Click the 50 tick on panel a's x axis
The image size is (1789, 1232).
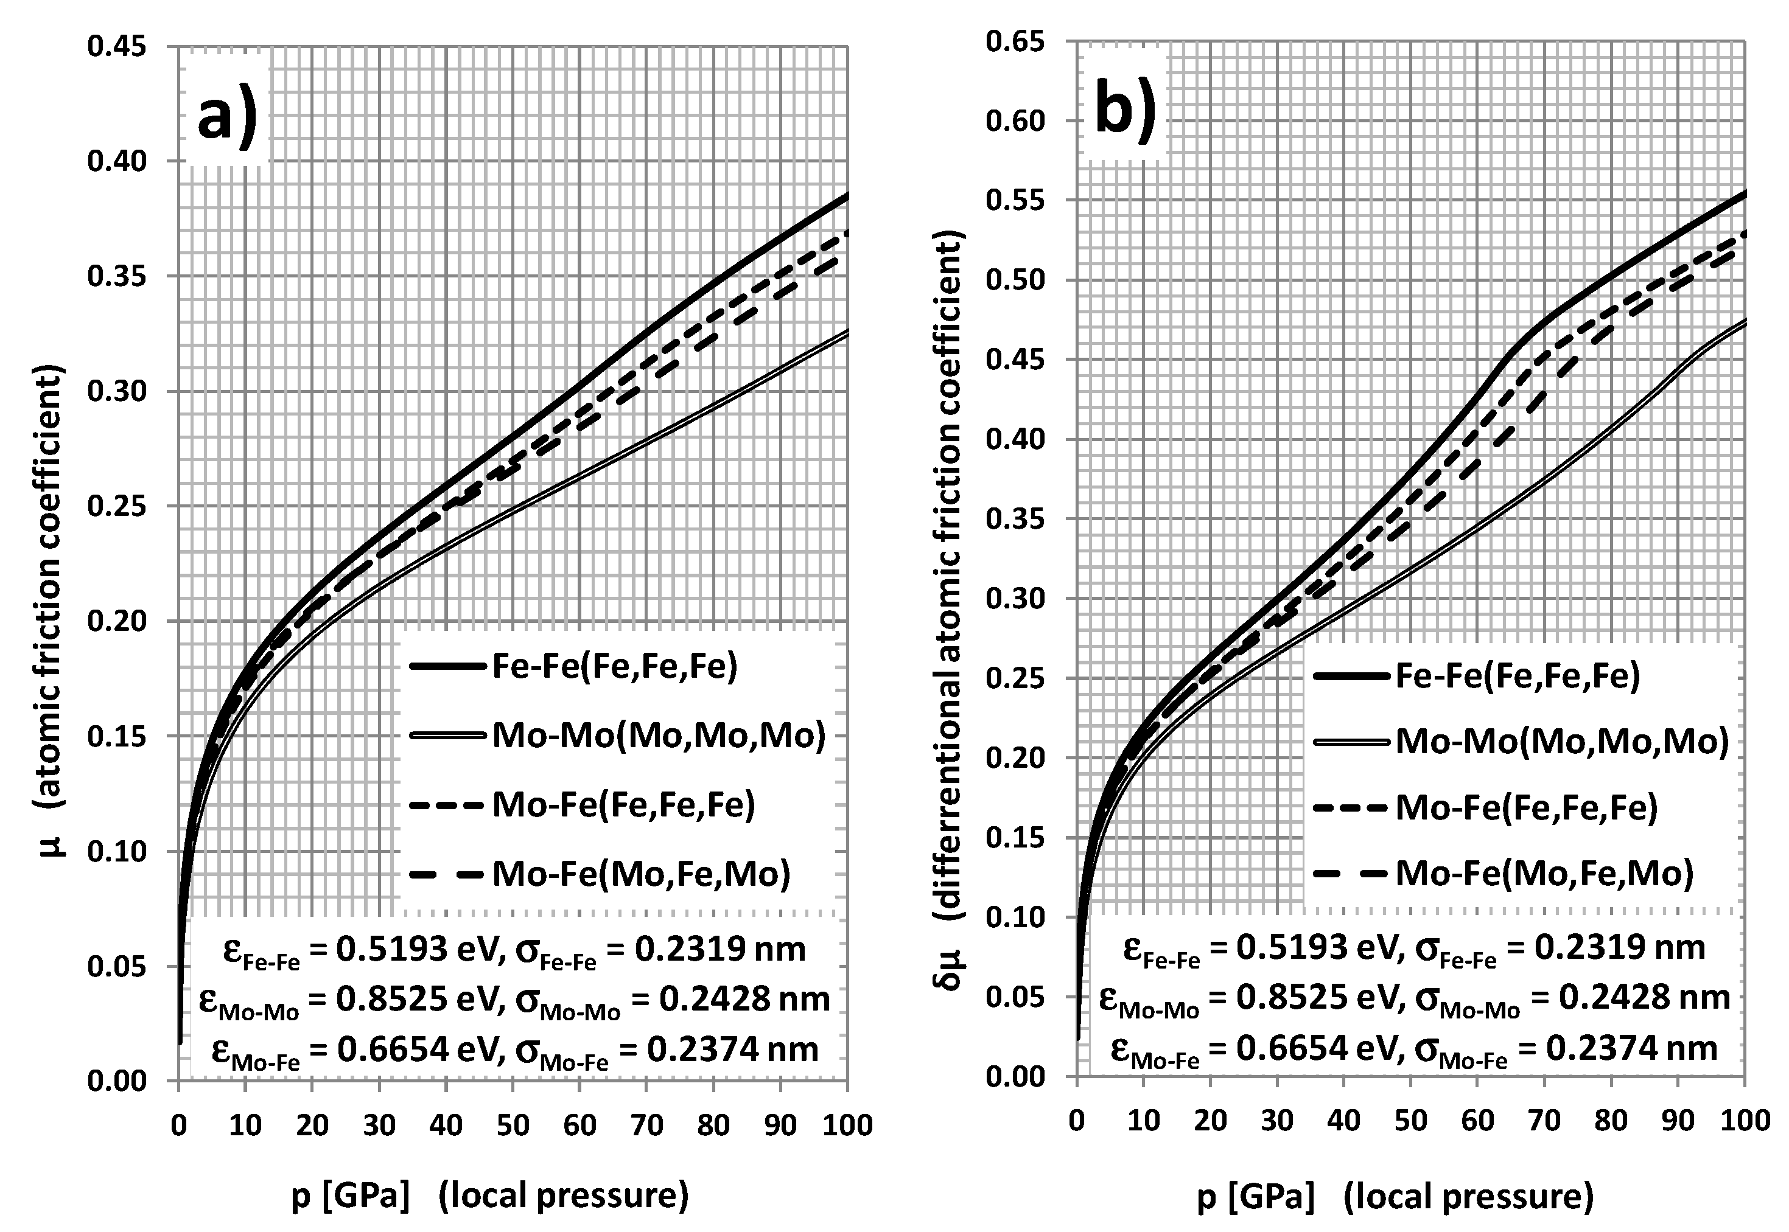click(513, 1126)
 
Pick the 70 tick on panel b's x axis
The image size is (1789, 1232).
click(1544, 1120)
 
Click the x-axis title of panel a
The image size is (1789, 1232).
click(489, 1195)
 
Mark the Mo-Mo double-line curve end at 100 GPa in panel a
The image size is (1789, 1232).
click(846, 331)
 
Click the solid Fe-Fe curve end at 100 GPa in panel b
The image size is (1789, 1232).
click(1744, 193)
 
